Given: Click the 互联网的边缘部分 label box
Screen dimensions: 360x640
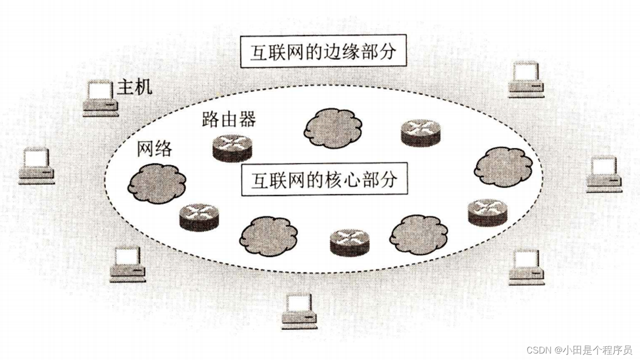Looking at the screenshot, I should pos(323,51).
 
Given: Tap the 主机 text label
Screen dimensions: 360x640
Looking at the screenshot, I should pos(134,88).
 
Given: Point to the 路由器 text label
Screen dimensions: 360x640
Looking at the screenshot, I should pos(228,119).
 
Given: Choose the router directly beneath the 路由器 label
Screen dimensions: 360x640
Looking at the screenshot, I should pos(232,147).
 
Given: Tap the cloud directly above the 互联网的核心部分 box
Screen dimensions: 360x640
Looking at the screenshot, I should pos(332,128).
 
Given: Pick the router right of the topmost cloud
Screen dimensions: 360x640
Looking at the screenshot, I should pos(420,132).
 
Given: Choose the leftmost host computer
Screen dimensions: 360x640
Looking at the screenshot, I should pos(36,166).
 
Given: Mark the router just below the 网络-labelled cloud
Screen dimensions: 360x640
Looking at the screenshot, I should pos(198,217).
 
